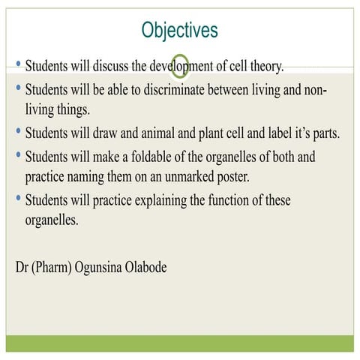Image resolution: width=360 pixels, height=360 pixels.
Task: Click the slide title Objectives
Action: [x=179, y=30]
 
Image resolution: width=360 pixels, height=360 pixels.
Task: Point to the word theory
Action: [x=265, y=67]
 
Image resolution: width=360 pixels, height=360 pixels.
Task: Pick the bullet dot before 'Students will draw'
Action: [x=18, y=133]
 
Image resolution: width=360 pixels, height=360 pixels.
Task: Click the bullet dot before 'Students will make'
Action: [x=18, y=157]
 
